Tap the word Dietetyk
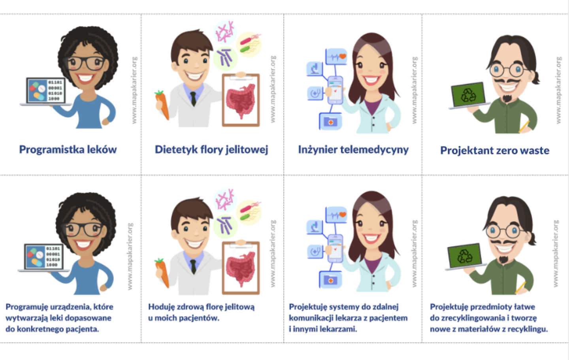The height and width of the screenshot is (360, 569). pyautogui.click(x=176, y=150)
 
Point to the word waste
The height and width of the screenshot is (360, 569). pyautogui.click(x=535, y=151)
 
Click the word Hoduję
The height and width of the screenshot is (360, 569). pyautogui.click(x=161, y=307)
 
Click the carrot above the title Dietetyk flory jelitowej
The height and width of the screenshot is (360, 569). pyautogui.click(x=162, y=105)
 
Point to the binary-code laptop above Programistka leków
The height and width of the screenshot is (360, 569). pyautogui.click(x=46, y=91)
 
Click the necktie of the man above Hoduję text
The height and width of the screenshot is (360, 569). pyautogui.click(x=193, y=266)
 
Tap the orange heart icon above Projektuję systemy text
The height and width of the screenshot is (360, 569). pyautogui.click(x=343, y=215)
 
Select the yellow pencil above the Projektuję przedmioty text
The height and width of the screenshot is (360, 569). pyautogui.click(x=520, y=287)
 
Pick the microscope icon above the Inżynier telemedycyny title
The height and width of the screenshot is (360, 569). pyautogui.click(x=315, y=69)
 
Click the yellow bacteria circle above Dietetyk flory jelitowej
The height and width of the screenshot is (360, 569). pyautogui.click(x=249, y=45)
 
